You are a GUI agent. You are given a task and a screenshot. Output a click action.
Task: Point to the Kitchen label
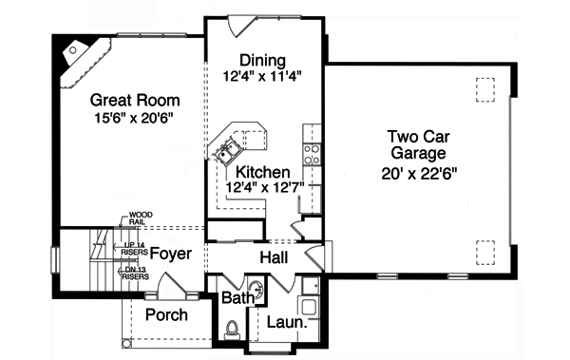point(263,172)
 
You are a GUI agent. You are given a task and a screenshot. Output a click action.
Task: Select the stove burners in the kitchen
point(310,149)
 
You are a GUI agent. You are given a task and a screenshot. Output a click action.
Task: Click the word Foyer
point(169,255)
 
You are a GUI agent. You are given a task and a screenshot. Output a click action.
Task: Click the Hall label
point(274,257)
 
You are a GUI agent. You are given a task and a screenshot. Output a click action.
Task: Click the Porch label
point(166,315)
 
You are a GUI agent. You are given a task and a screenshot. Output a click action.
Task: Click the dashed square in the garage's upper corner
point(484,86)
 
